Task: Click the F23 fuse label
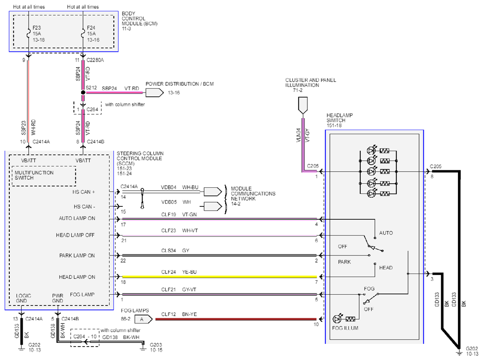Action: coord(36,28)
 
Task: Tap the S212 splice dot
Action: coord(83,92)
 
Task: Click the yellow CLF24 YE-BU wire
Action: coord(220,277)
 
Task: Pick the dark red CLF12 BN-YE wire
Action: coord(236,319)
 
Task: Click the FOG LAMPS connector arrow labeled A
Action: coord(144,319)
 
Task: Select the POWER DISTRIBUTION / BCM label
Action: coord(180,84)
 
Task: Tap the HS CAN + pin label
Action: coord(84,192)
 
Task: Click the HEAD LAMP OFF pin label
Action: coord(75,235)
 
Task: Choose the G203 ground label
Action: coord(156,345)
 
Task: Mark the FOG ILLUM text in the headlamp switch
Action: coord(345,328)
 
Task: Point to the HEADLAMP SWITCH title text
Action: coord(339,118)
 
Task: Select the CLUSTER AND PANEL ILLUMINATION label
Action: coord(310,82)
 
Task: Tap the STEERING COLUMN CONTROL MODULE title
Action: coord(140,155)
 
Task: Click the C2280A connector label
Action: coord(95,60)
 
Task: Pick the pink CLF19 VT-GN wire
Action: coord(220,219)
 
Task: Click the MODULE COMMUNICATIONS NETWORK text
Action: coord(253,193)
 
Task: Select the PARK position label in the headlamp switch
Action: coord(345,262)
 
